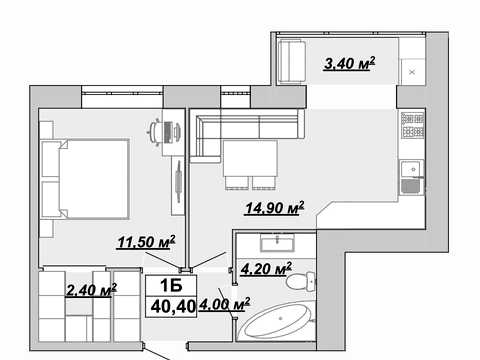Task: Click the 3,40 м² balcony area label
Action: pyautogui.click(x=349, y=63)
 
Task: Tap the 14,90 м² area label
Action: pyautogui.click(x=274, y=208)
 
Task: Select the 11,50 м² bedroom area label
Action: pyautogui.click(x=146, y=242)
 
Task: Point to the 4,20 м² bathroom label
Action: pyautogui.click(x=266, y=269)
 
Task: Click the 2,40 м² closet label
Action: pyautogui.click(x=91, y=290)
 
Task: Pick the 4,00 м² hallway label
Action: pyautogui.click(x=224, y=304)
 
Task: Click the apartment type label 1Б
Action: pyautogui.click(x=171, y=285)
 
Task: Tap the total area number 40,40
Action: pyautogui.click(x=173, y=306)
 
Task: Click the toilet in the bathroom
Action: pyautogui.click(x=300, y=281)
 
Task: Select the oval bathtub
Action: pyautogui.click(x=277, y=321)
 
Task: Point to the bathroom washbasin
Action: pyautogui.click(x=278, y=243)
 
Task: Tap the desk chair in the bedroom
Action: pyautogui.click(x=154, y=132)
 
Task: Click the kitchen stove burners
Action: pyautogui.click(x=413, y=125)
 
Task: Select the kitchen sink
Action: pyautogui.click(x=412, y=177)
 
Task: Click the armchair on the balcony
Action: pyautogui.click(x=292, y=61)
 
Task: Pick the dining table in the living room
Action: pyautogui.click(x=250, y=158)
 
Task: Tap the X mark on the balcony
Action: pyautogui.click(x=412, y=72)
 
